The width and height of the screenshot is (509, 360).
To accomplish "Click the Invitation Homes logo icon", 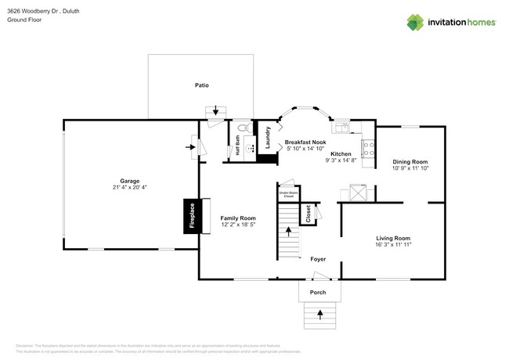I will click(414, 23).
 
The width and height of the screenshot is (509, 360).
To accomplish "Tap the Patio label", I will click(202, 85).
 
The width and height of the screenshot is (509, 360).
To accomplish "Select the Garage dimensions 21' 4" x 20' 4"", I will click(130, 188).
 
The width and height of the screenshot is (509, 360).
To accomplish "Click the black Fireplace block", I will click(189, 217).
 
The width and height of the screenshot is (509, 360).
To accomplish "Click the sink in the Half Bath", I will click(251, 145).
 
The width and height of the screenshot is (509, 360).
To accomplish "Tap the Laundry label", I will click(268, 139).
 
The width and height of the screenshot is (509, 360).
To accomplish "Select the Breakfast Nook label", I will click(305, 142).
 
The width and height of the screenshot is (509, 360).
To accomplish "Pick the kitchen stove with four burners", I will click(367, 146).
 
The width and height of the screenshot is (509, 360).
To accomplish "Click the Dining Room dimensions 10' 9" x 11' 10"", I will click(410, 167).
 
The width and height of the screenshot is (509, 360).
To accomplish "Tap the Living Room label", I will click(393, 238).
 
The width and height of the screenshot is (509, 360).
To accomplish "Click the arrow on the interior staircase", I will click(288, 232).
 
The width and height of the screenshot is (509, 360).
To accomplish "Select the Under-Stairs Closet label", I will click(287, 192).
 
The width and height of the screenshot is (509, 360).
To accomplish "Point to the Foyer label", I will click(318, 258).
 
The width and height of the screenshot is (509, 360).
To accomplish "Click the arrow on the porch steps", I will click(319, 315).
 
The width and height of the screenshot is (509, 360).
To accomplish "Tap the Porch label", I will click(318, 292).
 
